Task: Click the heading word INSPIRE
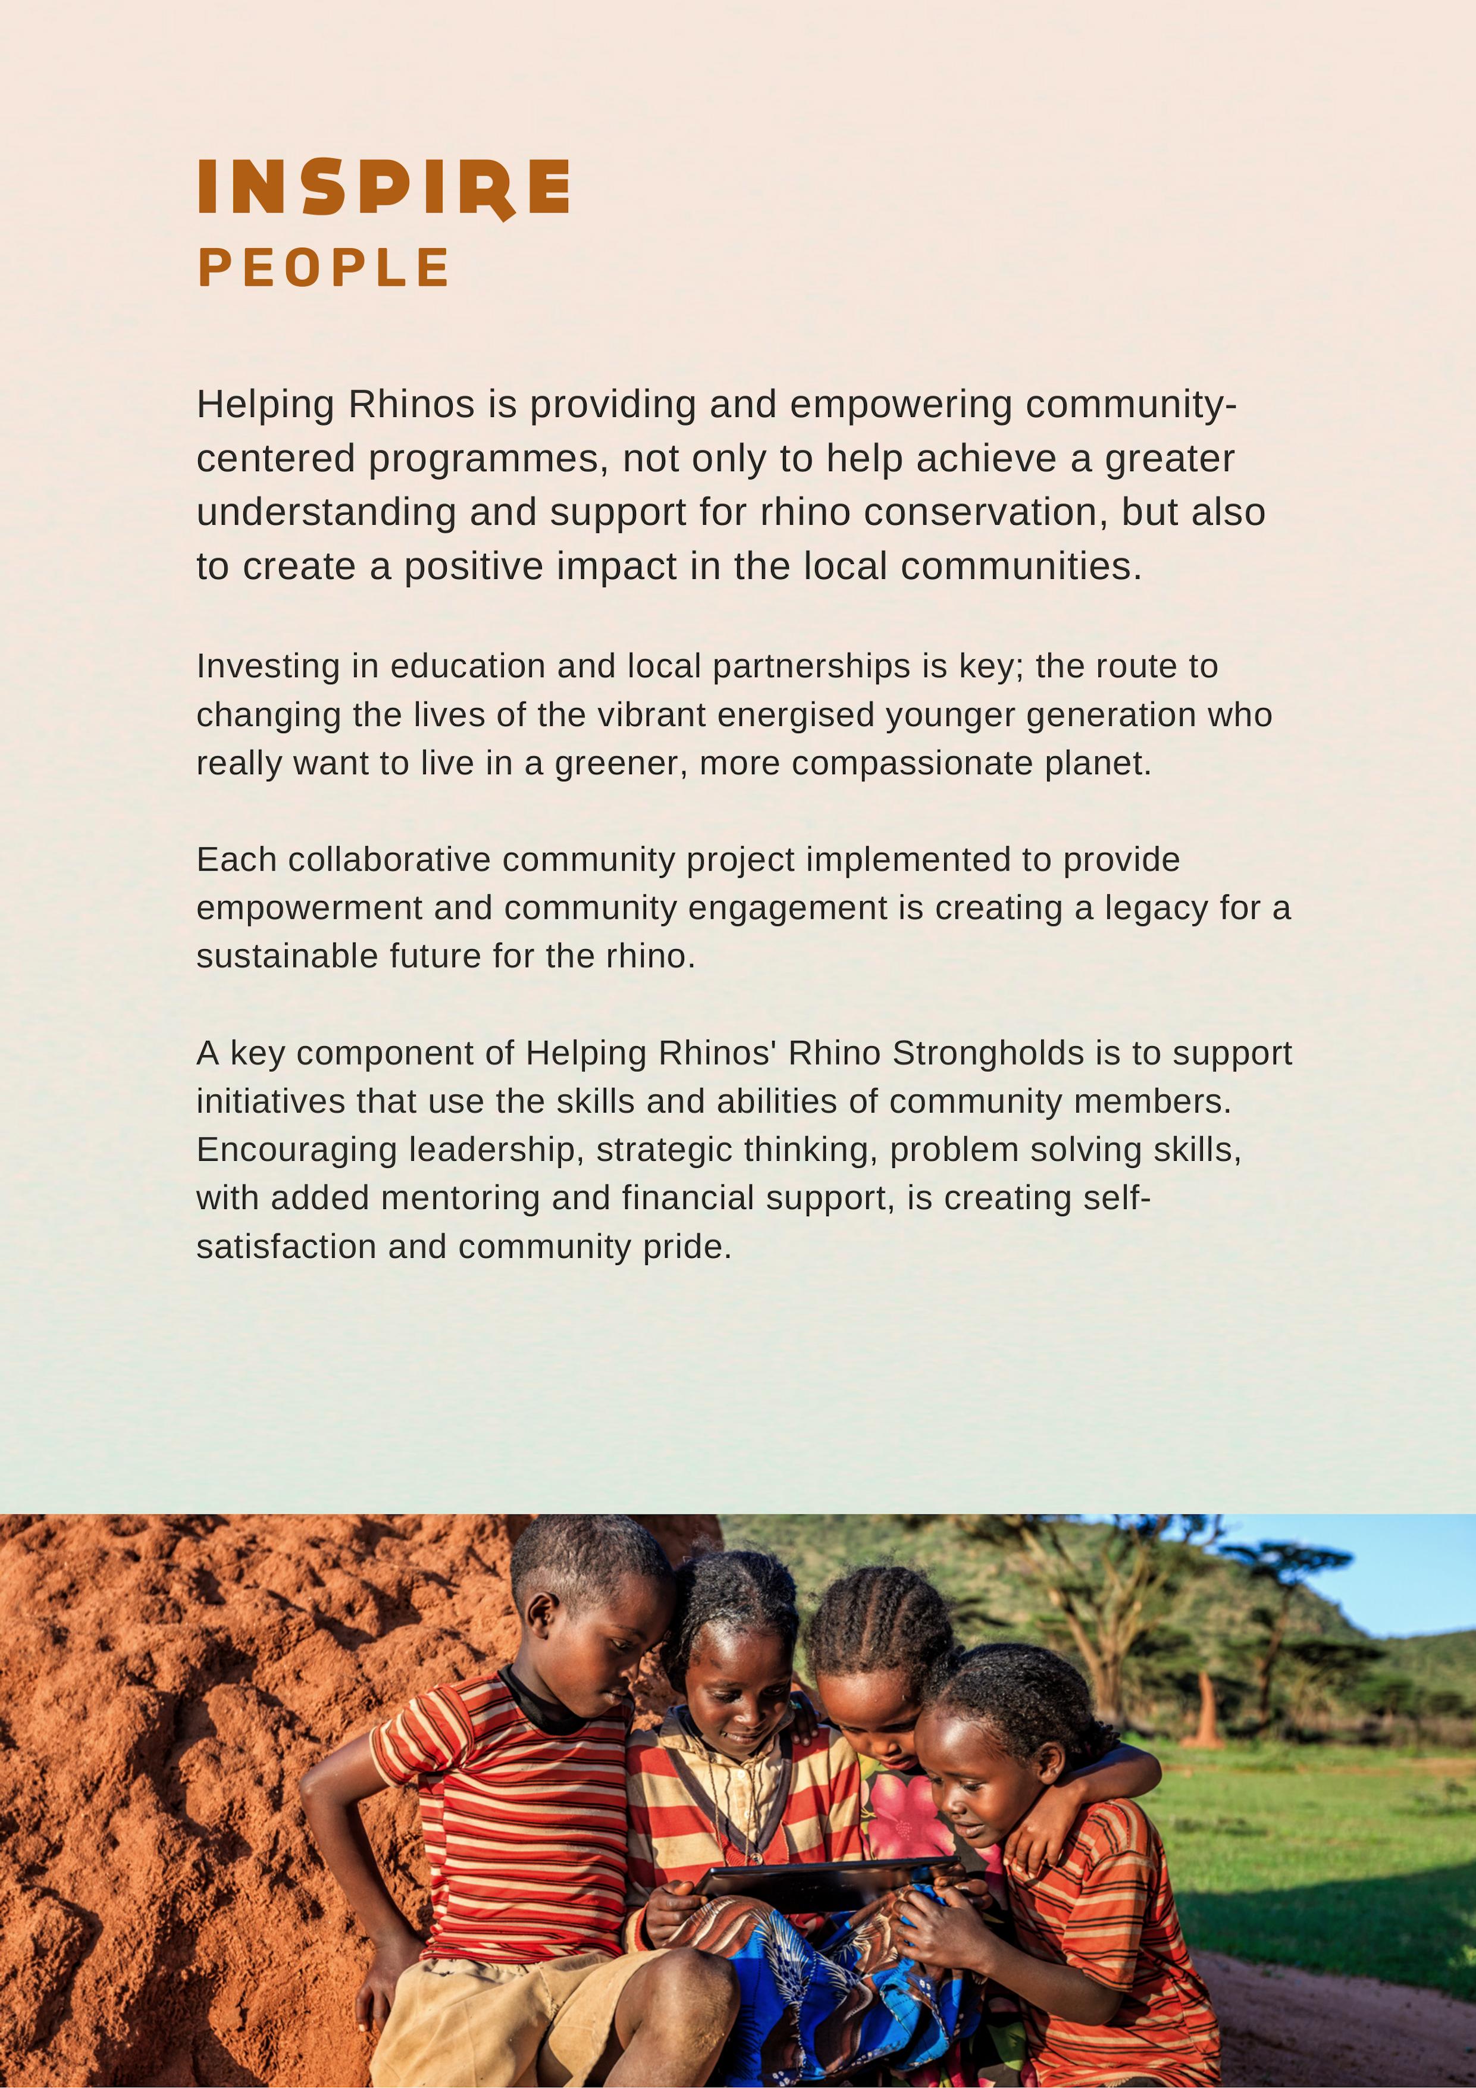tap(384, 187)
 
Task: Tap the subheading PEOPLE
tap(324, 268)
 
